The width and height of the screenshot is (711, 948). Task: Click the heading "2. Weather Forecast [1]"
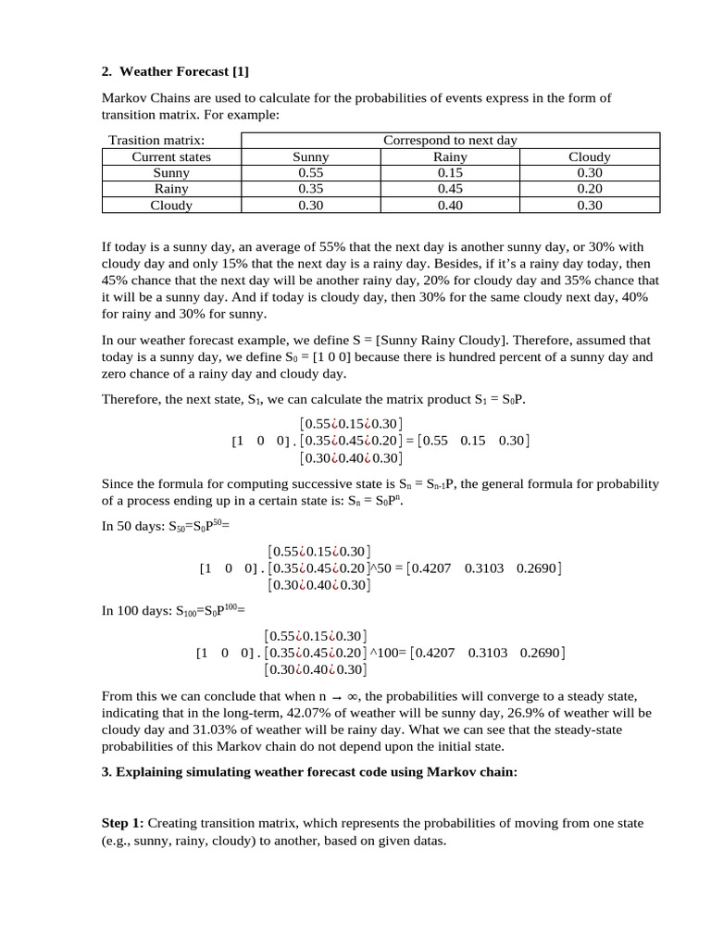coord(175,71)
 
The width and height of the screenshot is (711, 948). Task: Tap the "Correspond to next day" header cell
coord(450,140)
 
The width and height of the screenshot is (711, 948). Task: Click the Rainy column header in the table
coord(450,156)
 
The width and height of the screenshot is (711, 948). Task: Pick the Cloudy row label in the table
coord(171,206)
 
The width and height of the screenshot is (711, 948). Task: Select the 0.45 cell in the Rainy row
coord(450,189)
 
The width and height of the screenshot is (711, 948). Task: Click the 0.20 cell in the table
coord(589,189)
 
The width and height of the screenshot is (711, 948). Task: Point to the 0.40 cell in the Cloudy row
coord(450,206)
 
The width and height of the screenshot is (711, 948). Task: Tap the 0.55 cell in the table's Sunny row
coord(310,172)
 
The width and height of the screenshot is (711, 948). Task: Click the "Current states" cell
coord(171,156)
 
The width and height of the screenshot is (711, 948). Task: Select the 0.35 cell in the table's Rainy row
coord(310,189)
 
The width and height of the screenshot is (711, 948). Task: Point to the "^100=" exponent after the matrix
coord(389,653)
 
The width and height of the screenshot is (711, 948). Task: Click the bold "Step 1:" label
coord(123,822)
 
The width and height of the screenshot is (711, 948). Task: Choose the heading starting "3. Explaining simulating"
coord(308,773)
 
